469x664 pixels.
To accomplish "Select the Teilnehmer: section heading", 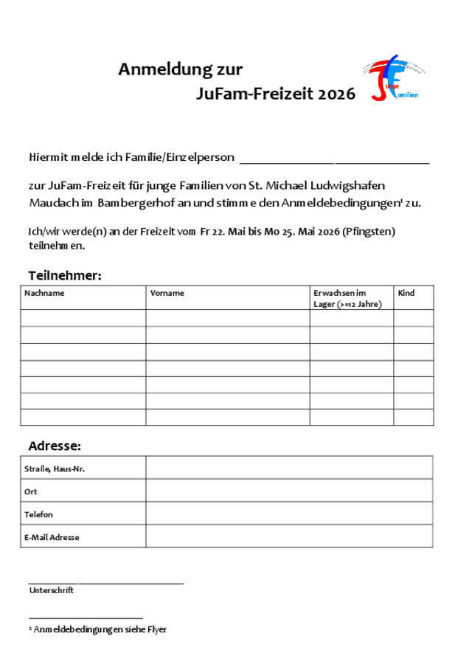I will click(65, 275).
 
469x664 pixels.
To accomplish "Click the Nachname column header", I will click(44, 293).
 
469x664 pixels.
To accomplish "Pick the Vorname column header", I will click(167, 293).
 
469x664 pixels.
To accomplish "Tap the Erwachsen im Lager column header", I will click(347, 298).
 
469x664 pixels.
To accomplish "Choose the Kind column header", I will click(406, 293).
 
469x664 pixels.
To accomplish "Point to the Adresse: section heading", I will click(55, 446).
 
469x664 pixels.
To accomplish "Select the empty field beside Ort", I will click(288, 491).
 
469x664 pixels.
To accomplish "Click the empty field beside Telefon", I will click(288, 513).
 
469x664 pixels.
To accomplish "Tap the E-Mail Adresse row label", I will click(52, 537).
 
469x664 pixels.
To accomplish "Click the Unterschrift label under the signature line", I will click(52, 590).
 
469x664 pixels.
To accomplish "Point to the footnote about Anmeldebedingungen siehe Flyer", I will click(98, 629).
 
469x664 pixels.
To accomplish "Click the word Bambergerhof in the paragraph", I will click(132, 202).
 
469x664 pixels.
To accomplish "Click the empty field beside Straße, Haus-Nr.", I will click(288, 468).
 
